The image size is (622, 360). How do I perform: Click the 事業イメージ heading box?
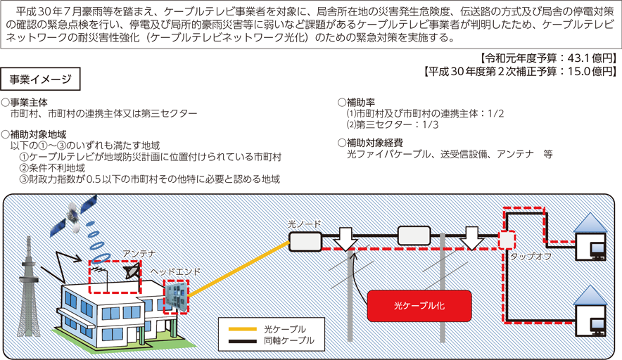41,79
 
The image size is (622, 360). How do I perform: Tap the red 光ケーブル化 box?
419,306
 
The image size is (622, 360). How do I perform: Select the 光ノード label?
304,224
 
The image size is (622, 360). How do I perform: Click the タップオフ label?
531,257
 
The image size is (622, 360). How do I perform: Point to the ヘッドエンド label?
175,271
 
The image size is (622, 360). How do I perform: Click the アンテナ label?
139,254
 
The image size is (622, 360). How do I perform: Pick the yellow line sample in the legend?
242,328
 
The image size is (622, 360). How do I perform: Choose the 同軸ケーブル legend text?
289,340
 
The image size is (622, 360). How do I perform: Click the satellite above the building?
74,215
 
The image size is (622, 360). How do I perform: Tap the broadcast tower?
29,285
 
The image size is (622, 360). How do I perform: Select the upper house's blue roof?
590,223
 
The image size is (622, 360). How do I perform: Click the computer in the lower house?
597,326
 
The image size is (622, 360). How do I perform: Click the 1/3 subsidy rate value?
431,124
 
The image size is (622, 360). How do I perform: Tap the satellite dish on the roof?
132,271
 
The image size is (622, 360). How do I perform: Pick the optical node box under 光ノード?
305,241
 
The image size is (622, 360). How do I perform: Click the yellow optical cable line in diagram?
239,269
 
